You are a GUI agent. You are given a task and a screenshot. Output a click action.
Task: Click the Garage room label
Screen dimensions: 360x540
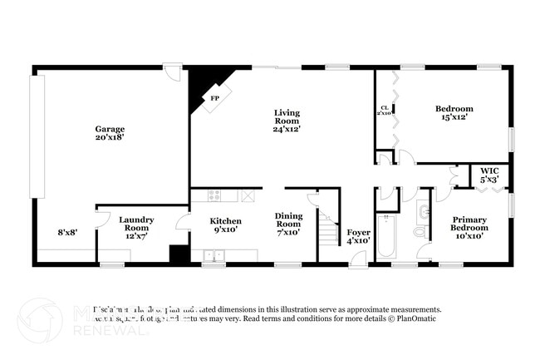[110, 129]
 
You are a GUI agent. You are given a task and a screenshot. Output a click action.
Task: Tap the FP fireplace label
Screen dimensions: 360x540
[214, 99]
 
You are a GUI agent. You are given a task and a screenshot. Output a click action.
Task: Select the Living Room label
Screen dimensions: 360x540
[287, 116]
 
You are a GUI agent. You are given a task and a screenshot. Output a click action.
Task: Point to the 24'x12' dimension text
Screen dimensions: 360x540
[287, 129]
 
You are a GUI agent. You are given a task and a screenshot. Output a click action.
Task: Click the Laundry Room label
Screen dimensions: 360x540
[140, 224]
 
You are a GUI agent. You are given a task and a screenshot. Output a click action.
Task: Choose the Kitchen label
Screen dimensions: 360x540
[225, 221]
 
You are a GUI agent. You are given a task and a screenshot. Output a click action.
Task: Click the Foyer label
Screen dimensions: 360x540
[358, 232]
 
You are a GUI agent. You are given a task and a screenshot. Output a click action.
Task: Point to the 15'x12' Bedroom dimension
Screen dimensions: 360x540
[454, 117]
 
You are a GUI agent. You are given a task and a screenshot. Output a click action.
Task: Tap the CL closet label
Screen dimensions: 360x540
[385, 107]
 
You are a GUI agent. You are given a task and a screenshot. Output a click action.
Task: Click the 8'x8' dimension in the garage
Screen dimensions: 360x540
[67, 232]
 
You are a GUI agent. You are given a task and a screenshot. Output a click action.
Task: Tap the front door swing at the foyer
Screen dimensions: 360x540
[356, 259]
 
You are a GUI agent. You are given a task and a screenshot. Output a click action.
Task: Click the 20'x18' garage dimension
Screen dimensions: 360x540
[110, 139]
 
